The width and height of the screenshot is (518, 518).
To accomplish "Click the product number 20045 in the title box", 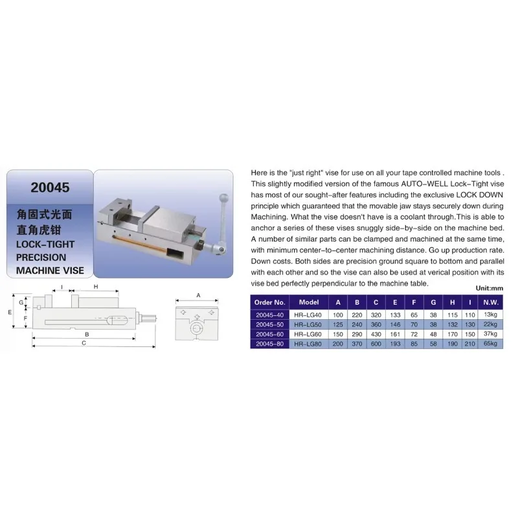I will pos(51,188).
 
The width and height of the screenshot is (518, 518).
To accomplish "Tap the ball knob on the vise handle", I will pos(224,196).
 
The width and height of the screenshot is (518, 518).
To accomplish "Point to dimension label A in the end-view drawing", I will pos(198,295).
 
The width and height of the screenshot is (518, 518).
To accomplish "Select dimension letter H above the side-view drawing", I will pos(95,286).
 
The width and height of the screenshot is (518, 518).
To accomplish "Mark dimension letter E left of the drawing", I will pos(11,311).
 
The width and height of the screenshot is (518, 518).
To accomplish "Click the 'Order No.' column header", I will pos(270,302).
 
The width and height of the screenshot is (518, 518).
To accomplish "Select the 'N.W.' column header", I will pos(490,302).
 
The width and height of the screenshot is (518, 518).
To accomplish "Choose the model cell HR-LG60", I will pos(309,333).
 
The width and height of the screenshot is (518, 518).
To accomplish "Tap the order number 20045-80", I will pos(270,343).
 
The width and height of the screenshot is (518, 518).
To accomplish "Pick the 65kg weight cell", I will pos(490,343).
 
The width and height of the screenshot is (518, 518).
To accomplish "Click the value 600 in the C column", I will pos(376,343).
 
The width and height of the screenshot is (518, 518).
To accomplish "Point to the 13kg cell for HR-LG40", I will pos(490,314).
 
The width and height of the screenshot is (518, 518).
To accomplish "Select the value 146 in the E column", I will pos(395,324).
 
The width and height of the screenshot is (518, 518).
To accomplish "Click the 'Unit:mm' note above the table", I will pos(489,288).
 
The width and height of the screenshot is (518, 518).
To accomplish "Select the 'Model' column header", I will pos(309,302).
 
